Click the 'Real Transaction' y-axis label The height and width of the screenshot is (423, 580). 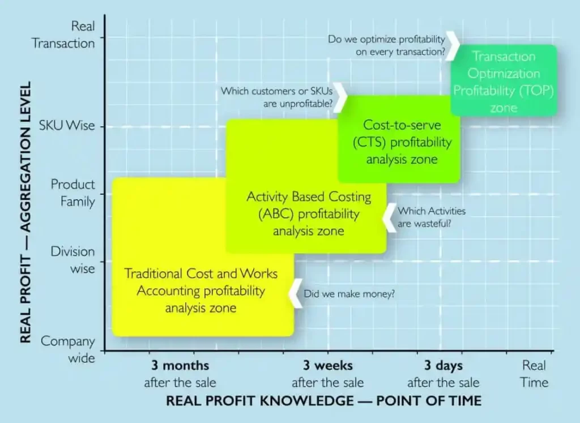pos(63,35)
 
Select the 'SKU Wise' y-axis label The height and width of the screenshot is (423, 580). pos(67,126)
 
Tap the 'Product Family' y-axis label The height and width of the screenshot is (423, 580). pos(73,193)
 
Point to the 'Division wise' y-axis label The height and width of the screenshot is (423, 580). pos(73,259)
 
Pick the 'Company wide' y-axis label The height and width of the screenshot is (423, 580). pos(68,349)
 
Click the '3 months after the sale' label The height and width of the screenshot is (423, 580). pos(180,374)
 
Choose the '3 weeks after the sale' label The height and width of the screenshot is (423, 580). pos(328,374)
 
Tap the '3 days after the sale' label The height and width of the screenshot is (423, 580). pos(443,374)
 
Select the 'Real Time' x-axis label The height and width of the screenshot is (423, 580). pos(534,374)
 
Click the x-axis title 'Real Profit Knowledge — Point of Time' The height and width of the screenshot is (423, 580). pos(323,401)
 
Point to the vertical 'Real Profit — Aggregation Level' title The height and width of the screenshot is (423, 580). pos(25,212)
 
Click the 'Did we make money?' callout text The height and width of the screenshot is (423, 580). pos(349,294)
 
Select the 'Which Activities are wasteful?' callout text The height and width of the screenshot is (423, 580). pos(432,217)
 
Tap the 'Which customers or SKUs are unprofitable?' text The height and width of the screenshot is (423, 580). pos(276,97)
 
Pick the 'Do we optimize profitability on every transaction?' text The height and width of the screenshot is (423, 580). pos(386,45)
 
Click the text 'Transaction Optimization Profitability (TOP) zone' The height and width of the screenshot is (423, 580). pos(504,82)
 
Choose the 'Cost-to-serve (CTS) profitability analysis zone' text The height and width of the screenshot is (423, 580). pos(402,142)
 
